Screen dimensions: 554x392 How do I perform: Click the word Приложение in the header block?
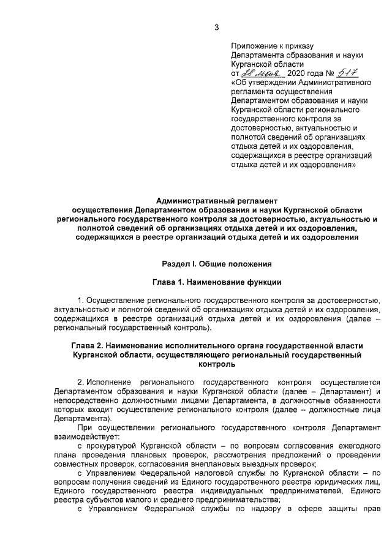click(253, 46)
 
